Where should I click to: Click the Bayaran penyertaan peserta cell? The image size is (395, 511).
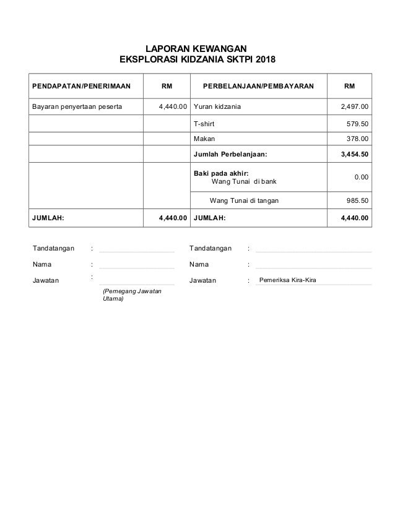pyautogui.click(x=77, y=106)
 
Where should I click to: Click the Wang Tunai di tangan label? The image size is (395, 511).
pyautogui.click(x=245, y=200)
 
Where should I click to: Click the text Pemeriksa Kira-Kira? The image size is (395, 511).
pyautogui.click(x=287, y=280)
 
